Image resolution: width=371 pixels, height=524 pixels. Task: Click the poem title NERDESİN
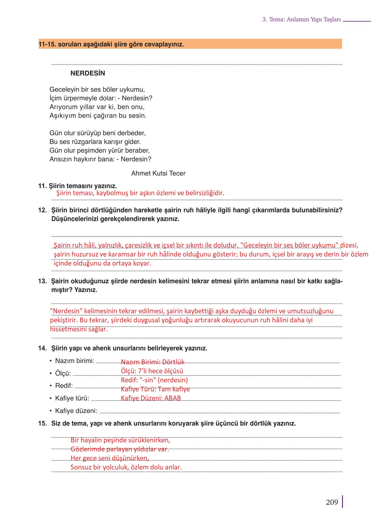click(88, 73)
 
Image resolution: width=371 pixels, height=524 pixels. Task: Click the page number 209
click(332, 502)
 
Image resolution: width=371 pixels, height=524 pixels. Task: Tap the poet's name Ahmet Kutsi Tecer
click(158, 173)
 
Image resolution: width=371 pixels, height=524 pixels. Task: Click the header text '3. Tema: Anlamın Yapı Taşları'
click(301, 19)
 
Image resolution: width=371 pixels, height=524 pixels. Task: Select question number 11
click(42, 186)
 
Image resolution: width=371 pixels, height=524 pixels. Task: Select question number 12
click(42, 210)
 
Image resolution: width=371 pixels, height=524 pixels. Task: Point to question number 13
click(42, 281)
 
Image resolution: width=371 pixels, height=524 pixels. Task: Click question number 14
click(42, 348)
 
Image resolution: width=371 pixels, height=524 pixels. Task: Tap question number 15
click(42, 423)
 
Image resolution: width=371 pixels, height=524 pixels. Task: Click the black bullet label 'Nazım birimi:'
click(74, 361)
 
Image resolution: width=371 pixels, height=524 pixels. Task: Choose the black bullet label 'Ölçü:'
click(63, 373)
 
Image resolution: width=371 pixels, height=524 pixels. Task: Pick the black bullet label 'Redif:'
click(64, 386)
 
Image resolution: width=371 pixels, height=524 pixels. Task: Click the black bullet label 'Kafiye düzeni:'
click(76, 411)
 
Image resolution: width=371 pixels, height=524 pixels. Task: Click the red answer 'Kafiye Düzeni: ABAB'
click(151, 398)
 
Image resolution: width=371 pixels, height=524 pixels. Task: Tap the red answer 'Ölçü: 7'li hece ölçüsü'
click(152, 371)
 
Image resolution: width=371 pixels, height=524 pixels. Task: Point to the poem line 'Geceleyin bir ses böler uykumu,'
click(97, 89)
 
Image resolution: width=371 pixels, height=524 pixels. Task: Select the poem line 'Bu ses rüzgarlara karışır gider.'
click(95, 142)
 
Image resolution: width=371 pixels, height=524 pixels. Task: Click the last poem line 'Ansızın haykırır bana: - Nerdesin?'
click(100, 159)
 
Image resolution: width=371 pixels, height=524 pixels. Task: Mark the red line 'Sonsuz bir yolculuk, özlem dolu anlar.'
click(126, 467)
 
